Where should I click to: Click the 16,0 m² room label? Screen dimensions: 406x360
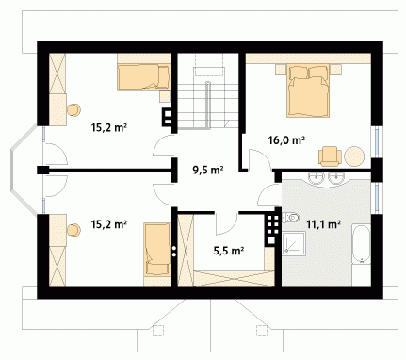(x=286, y=140)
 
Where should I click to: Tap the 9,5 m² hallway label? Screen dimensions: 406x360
(x=207, y=170)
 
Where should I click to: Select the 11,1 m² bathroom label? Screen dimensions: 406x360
(x=324, y=224)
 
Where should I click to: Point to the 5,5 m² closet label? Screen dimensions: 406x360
(x=229, y=251)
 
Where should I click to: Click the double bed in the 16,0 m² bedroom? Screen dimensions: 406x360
(x=309, y=90)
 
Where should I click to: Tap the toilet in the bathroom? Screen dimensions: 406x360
(x=290, y=217)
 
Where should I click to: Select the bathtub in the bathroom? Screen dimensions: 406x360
(x=361, y=244)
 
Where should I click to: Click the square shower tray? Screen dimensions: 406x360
(x=294, y=243)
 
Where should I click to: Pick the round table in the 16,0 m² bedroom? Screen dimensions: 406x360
(x=354, y=155)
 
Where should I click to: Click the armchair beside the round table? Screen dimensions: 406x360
(x=330, y=156)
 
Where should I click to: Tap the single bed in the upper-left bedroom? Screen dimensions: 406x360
(x=143, y=77)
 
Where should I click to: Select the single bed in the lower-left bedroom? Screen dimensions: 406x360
(x=157, y=249)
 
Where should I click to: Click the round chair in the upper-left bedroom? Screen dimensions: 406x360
(x=74, y=109)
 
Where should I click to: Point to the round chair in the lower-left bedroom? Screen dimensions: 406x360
(x=73, y=230)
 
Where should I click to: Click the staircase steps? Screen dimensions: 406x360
(x=207, y=106)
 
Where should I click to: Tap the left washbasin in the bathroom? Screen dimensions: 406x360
(x=316, y=177)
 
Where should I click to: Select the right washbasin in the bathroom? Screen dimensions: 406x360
(x=335, y=177)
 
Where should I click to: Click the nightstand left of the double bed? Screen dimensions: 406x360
(x=281, y=70)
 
